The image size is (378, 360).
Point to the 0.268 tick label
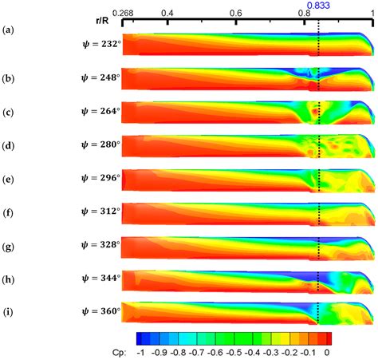point(124,14)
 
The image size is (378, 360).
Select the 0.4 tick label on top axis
point(167,14)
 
